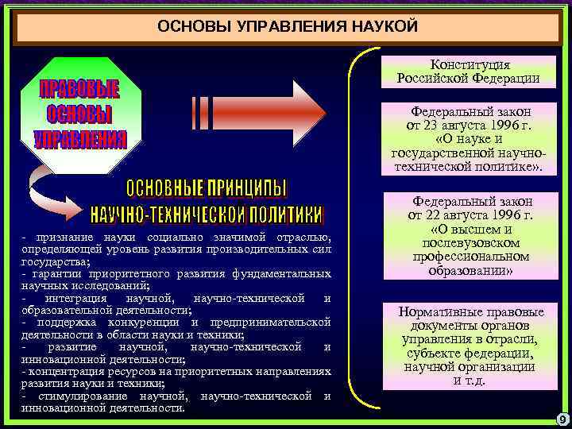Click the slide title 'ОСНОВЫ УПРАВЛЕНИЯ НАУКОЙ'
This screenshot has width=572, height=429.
click(x=287, y=26)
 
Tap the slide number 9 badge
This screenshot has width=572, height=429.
click(x=561, y=419)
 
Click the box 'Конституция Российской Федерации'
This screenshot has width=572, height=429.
click(x=470, y=71)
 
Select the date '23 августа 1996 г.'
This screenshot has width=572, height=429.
click(x=470, y=126)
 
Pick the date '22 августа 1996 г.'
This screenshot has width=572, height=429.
click(x=470, y=215)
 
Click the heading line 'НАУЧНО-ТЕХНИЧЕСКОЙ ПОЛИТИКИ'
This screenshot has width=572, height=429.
click(x=207, y=214)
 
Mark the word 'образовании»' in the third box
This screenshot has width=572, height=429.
click(x=470, y=270)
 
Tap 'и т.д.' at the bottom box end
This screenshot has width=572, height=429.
click(x=470, y=381)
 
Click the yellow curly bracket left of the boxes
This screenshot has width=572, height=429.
click(x=357, y=230)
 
